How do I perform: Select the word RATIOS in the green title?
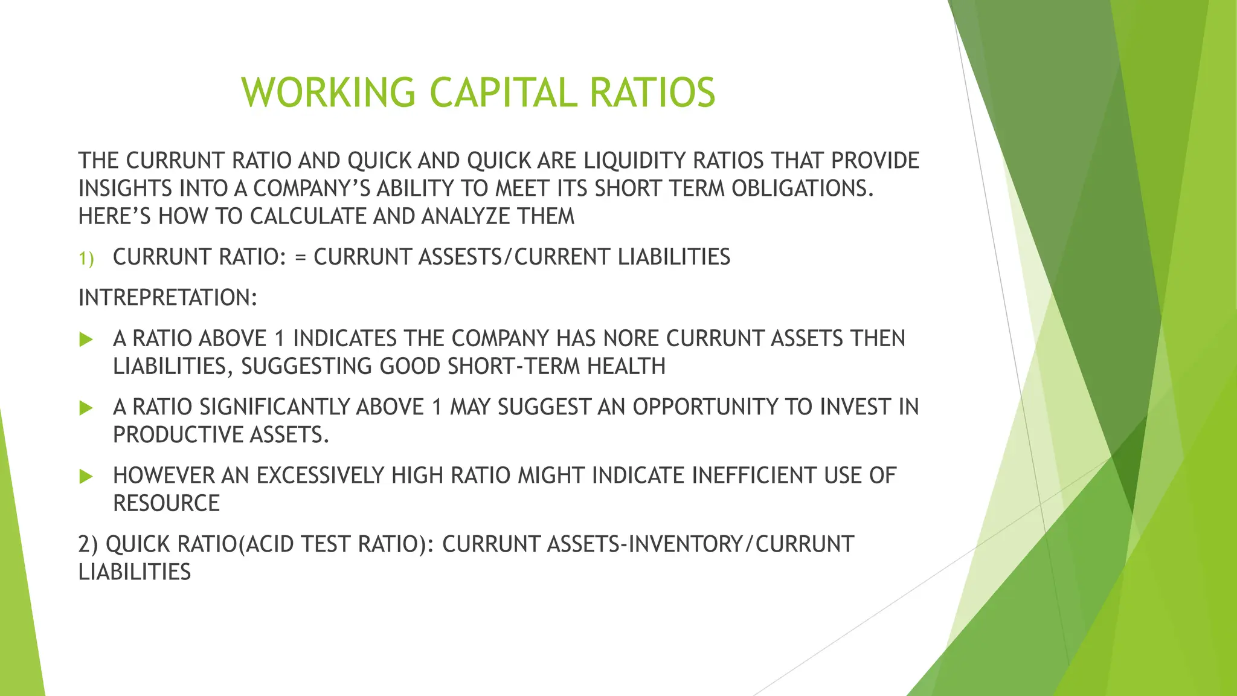(652, 93)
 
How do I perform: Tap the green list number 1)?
(86, 259)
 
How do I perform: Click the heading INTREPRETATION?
(168, 298)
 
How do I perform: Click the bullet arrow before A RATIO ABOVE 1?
(86, 339)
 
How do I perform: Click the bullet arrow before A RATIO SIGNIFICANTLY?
(86, 408)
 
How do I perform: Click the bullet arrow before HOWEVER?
(86, 477)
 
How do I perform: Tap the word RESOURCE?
(166, 503)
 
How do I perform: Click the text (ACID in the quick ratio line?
(266, 544)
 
